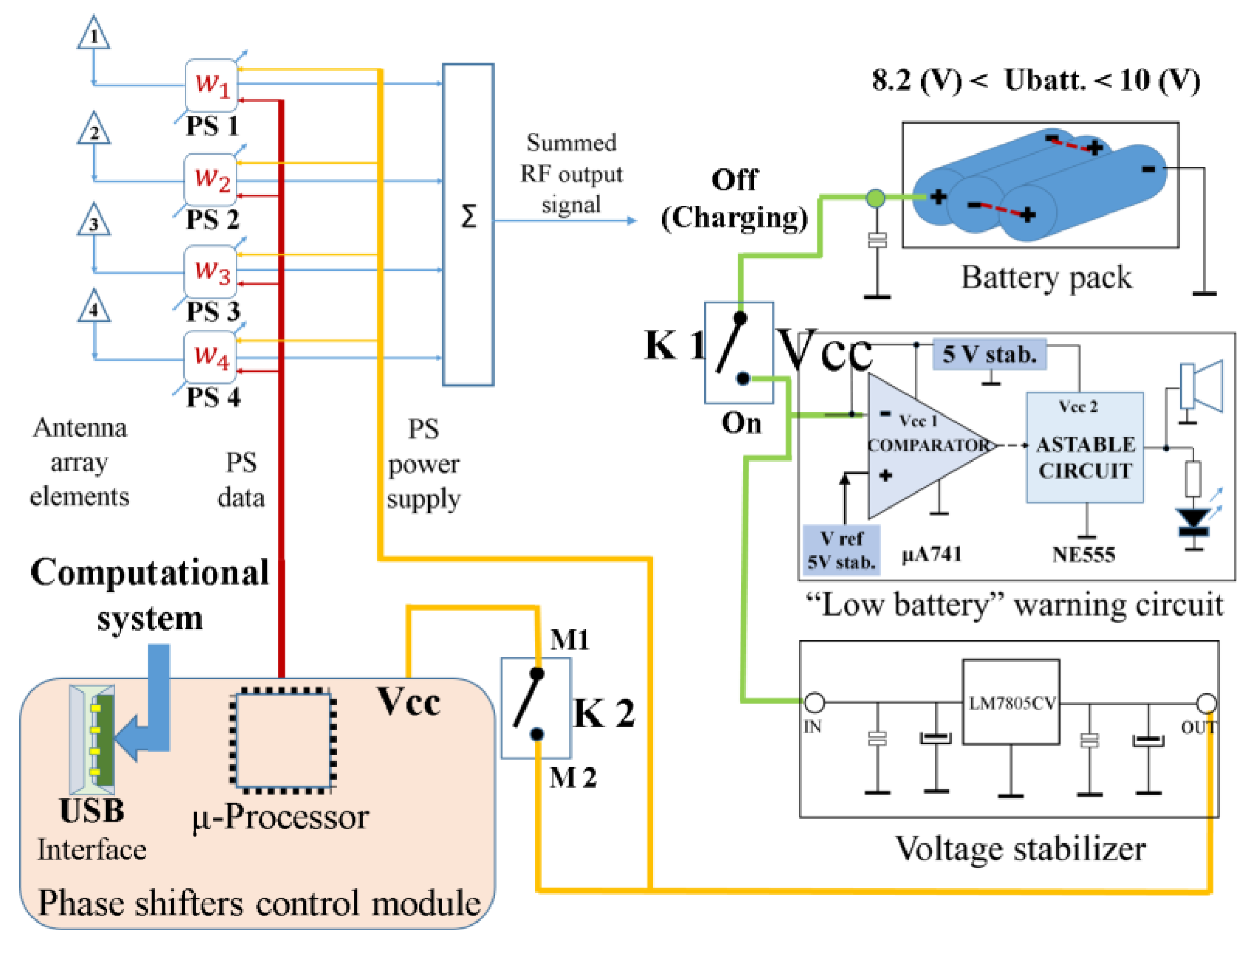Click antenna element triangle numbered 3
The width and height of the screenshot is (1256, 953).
93,221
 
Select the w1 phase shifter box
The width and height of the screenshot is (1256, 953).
211,85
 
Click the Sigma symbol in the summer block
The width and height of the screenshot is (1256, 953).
468,217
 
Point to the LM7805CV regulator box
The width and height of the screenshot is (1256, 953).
1011,702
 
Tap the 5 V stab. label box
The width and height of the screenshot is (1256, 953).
990,355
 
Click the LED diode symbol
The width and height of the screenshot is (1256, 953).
1194,521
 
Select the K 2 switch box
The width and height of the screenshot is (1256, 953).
536,708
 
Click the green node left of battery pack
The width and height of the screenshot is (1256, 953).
876,198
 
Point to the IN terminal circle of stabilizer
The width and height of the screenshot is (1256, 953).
815,702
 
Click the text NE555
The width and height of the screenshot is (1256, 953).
1084,555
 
